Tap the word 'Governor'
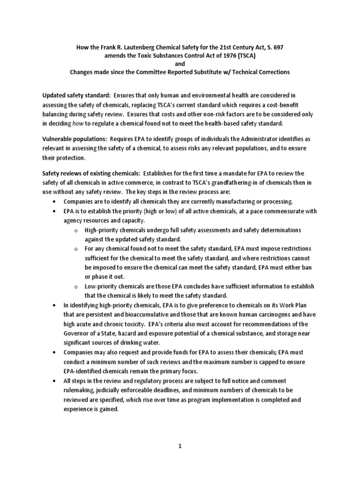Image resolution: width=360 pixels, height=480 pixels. [75, 333]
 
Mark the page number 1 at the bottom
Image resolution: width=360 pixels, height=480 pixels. [180, 446]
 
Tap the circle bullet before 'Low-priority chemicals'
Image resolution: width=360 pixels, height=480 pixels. [76, 286]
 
